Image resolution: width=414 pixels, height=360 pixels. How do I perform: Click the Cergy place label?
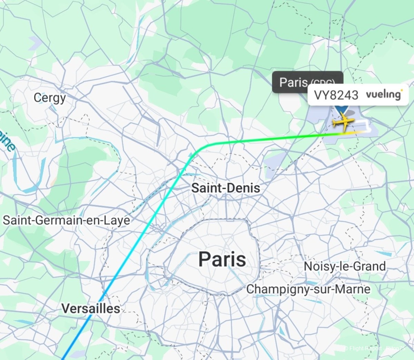click(x=49, y=98)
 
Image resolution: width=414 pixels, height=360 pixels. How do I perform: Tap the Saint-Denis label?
click(x=226, y=188)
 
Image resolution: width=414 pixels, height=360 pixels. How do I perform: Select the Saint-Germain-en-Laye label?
click(x=67, y=220)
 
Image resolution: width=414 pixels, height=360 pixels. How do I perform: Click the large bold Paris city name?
click(x=222, y=259)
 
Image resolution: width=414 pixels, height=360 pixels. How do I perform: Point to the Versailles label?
click(x=91, y=308)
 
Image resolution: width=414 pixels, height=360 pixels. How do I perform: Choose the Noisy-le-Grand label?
click(x=344, y=266)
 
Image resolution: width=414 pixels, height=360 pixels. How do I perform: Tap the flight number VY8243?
click(x=336, y=95)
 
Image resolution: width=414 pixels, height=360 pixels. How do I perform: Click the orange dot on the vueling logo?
click(x=401, y=90)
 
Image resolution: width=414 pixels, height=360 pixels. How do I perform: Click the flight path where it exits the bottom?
click(x=65, y=357)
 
